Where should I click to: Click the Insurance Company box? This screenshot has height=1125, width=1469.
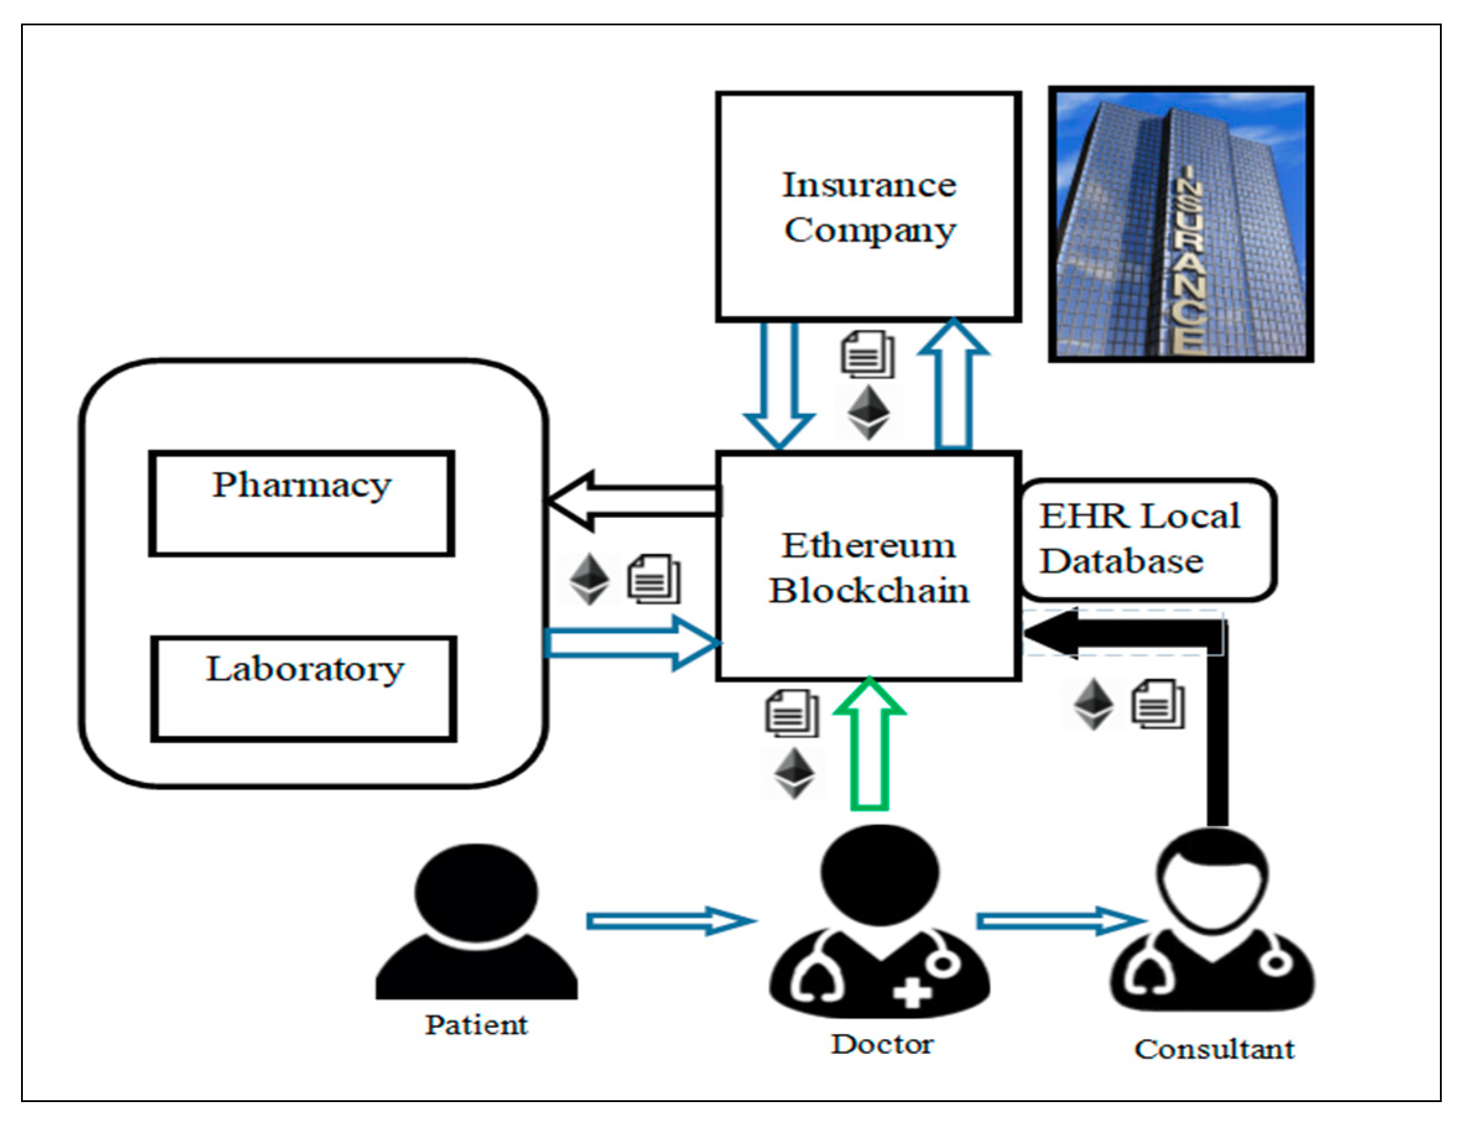[868, 207]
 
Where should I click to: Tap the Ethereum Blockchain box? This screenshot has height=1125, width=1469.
[868, 566]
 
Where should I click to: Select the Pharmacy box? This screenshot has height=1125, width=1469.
[301, 504]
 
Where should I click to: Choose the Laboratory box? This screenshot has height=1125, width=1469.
[304, 688]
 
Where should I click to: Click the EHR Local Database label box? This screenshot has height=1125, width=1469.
[1147, 539]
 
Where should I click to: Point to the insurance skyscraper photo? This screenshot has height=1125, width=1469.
[1181, 225]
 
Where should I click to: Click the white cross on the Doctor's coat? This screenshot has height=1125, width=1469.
[912, 992]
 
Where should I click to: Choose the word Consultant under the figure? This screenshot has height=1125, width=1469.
[1214, 1050]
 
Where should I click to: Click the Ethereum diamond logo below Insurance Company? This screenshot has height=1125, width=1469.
[868, 412]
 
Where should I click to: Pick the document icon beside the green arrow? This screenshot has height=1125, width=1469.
[791, 712]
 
